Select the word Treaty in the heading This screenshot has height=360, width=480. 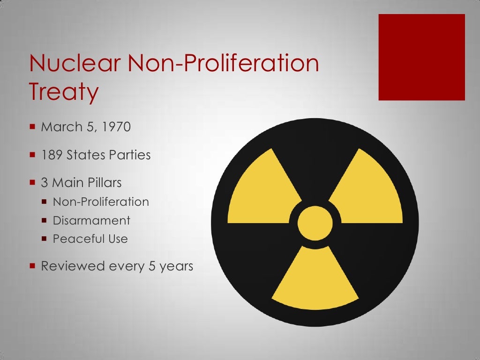64,92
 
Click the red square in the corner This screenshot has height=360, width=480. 421,57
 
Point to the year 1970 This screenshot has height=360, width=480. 115,127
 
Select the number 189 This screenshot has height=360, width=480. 52,155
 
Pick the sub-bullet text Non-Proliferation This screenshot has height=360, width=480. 101,202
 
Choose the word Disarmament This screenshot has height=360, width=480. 91,220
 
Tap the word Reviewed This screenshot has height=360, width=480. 73,266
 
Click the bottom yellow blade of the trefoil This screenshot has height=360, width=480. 315,281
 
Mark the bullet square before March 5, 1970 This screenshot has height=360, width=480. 32,127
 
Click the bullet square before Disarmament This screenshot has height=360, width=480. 44,220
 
